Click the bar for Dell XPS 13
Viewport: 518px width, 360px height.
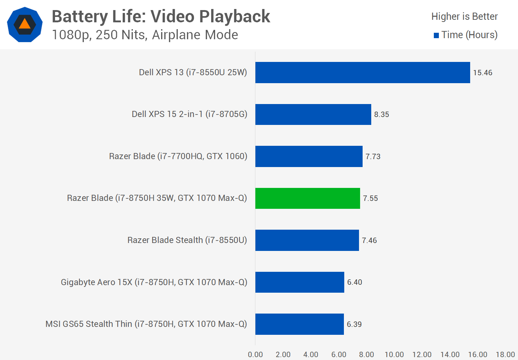(x=363, y=72)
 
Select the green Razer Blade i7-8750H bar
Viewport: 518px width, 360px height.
(x=308, y=198)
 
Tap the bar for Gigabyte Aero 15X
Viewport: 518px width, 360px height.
(x=300, y=282)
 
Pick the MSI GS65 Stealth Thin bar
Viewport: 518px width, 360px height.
(x=299, y=324)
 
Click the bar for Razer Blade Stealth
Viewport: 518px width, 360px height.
(x=307, y=240)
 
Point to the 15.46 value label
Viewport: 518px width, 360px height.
(x=482, y=73)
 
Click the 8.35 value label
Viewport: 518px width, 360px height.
(x=381, y=114)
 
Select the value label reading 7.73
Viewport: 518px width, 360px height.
(x=373, y=157)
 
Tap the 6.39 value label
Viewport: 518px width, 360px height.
(x=354, y=324)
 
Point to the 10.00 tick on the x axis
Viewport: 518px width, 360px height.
(x=394, y=355)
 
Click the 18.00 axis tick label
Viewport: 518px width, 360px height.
(x=505, y=355)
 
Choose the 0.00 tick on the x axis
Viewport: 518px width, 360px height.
(x=255, y=355)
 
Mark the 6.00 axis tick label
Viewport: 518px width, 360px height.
(x=339, y=355)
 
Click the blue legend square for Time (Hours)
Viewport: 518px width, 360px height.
(x=436, y=35)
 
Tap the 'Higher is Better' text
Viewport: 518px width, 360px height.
(x=464, y=17)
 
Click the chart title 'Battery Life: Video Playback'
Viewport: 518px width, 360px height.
(x=161, y=17)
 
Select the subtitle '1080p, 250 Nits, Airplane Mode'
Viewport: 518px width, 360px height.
(x=145, y=35)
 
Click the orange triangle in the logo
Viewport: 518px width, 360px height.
(x=24, y=24)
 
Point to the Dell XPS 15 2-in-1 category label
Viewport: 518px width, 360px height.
(x=189, y=114)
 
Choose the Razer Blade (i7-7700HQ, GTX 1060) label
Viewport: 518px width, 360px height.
(x=178, y=156)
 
